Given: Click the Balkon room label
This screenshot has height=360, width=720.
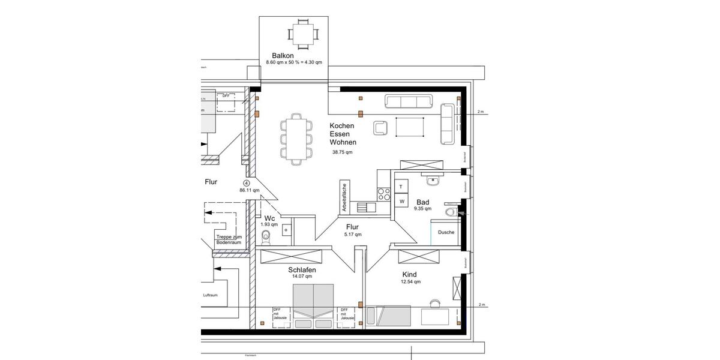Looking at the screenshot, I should (x=282, y=55).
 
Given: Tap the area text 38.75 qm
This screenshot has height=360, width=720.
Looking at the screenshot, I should (x=343, y=152).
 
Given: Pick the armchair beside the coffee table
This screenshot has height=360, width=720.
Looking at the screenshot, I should (x=380, y=127).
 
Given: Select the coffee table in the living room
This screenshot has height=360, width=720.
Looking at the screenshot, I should (x=410, y=127).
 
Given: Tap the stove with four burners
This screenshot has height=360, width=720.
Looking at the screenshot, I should (x=383, y=194).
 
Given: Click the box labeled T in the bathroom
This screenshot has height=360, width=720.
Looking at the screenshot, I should (x=401, y=187).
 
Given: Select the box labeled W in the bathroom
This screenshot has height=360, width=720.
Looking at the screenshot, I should (x=401, y=201).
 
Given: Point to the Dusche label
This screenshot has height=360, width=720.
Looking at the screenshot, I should (x=446, y=232).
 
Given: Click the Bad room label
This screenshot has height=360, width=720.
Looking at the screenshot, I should (x=423, y=202).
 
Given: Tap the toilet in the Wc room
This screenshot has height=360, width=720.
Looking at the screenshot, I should (x=267, y=238).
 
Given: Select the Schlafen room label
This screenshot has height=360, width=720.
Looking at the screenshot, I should (x=302, y=270).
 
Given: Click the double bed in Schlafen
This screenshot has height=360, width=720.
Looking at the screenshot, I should (x=313, y=303).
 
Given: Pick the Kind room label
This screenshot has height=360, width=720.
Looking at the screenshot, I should (x=409, y=274).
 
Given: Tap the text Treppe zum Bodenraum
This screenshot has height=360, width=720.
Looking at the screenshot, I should (x=229, y=239).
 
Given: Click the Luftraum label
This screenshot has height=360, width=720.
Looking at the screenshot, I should (x=211, y=295).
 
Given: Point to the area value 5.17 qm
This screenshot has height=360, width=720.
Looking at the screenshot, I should (x=352, y=235).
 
